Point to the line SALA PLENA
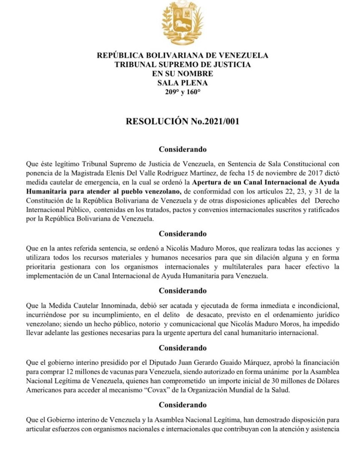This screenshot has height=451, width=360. [x=182, y=83]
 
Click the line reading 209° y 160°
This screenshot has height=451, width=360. [x=182, y=92]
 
